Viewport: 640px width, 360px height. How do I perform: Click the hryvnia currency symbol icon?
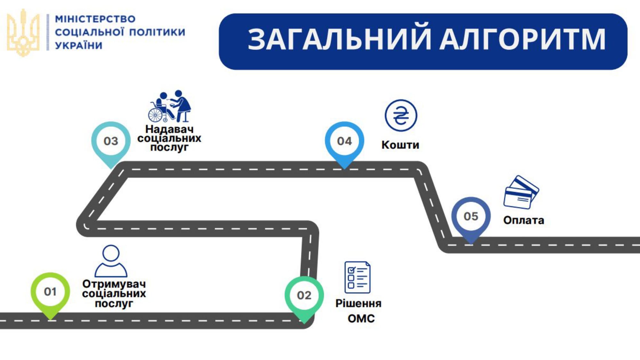pyautogui.click(x=401, y=115)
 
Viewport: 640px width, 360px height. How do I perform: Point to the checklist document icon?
pyautogui.click(x=357, y=277)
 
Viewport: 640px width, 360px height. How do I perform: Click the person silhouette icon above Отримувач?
pyautogui.click(x=111, y=261)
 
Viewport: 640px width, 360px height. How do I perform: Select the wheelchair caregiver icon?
pyautogui.click(x=169, y=106)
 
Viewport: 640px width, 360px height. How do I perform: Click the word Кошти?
pyautogui.click(x=400, y=145)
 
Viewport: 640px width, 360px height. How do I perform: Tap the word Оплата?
pyautogui.click(x=524, y=220)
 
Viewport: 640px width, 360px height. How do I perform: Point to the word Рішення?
pyautogui.click(x=358, y=303)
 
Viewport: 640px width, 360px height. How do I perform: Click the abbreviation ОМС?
pyautogui.click(x=361, y=318)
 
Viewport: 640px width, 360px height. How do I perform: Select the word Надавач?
pyautogui.click(x=169, y=129)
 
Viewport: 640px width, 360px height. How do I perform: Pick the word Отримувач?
pyautogui.click(x=114, y=284)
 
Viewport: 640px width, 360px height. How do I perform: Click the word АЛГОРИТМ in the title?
pyautogui.click(x=523, y=39)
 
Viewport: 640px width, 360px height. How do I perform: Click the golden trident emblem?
pyautogui.click(x=23, y=33)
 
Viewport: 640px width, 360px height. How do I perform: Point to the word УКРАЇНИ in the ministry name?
pyautogui.click(x=79, y=46)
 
